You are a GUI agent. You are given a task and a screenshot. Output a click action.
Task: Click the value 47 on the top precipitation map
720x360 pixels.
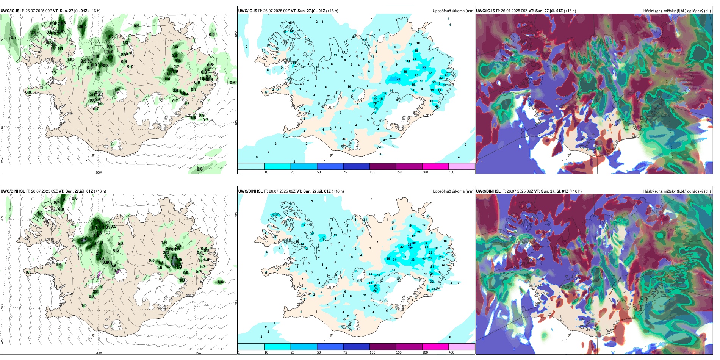coord(398,80)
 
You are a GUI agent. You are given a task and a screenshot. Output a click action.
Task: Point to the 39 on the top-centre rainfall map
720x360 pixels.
coord(424,67)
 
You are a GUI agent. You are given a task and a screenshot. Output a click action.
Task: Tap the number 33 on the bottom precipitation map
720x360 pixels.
coord(413,260)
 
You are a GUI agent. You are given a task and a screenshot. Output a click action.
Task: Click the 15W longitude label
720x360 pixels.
coord(198,353)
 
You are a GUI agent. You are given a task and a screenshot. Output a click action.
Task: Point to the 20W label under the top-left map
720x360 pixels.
coord(99,172)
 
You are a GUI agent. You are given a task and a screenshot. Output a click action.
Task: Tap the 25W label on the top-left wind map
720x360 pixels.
coord(2,160)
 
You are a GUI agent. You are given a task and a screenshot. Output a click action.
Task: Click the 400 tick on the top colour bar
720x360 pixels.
coord(451,172)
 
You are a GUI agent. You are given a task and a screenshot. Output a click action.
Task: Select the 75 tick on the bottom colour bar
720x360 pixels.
coord(345,352)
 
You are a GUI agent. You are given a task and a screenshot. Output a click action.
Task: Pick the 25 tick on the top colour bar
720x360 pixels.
coord(293,172)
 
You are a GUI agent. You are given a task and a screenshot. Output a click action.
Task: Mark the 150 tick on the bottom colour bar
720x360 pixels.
coord(399,352)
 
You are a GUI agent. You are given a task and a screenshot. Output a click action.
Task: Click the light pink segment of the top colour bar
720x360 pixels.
coord(462,166)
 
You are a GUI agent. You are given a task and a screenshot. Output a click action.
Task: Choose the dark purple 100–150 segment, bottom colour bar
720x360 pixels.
coord(383,347)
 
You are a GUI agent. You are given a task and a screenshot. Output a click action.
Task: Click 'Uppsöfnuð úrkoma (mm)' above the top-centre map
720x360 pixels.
coord(453,11)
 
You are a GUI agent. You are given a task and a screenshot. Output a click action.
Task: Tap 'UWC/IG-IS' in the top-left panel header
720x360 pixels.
coord(10,11)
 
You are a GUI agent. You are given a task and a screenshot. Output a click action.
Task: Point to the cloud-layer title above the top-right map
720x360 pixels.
coord(677,11)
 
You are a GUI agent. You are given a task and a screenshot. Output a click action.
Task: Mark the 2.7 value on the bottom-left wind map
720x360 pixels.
coord(99,253)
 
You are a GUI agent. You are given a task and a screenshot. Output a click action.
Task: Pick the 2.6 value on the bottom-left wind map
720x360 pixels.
coord(96,291)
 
